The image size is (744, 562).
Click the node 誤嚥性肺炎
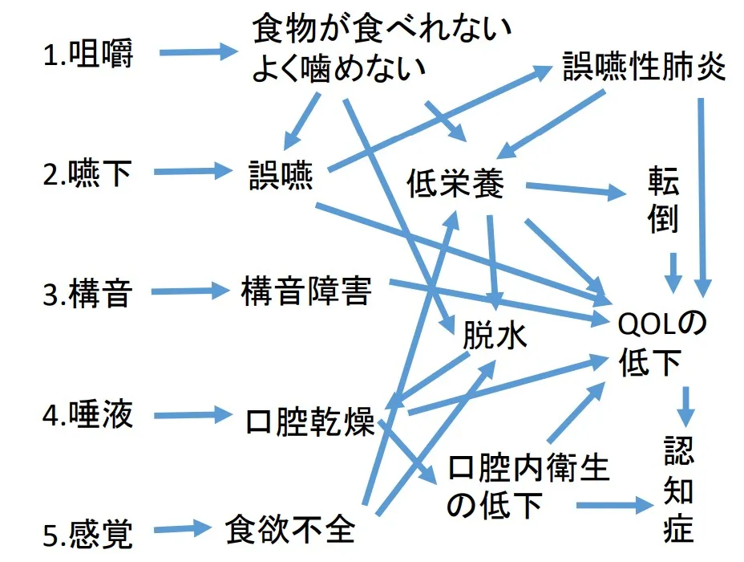[644, 69]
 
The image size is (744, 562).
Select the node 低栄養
[455, 185]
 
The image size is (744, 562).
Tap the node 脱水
[495, 336]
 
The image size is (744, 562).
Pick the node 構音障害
[306, 291]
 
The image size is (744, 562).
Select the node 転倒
[663, 202]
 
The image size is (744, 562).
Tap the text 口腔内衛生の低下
[526, 487]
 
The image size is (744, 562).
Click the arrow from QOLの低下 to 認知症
[685, 406]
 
